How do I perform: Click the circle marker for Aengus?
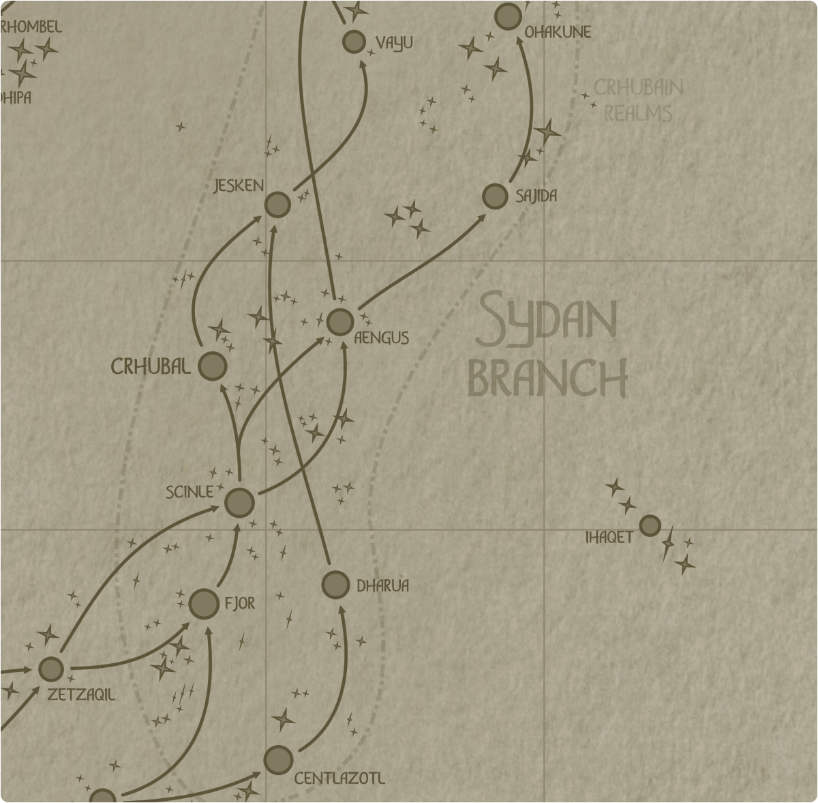(340, 322)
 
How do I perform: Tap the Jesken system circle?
(277, 205)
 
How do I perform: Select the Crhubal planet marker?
(213, 366)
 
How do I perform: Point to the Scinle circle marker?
(239, 503)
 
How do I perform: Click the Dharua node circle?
(335, 585)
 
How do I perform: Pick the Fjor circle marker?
(204, 604)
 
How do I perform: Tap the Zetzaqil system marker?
(51, 669)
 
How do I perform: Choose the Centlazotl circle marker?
(278, 760)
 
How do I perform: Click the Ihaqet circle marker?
(650, 525)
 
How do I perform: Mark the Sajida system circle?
(495, 196)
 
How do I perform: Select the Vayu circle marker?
(354, 42)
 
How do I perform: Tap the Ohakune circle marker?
(508, 16)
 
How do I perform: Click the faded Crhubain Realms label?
(638, 100)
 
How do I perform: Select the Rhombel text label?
(31, 27)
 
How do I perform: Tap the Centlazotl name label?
(339, 778)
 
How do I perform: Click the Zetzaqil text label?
(81, 695)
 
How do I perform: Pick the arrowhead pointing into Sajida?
(481, 218)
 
